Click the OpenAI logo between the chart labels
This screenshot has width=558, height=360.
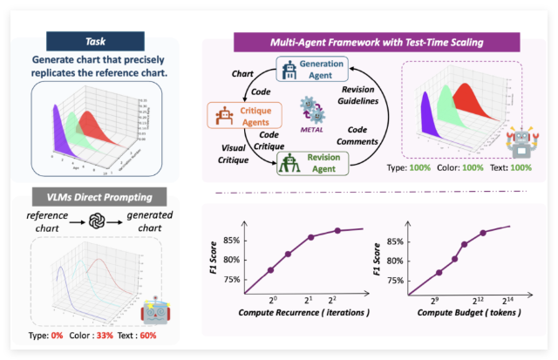pos(98,221)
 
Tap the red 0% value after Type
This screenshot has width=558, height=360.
pos(55,336)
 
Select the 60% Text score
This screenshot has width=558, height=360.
pos(149,336)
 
